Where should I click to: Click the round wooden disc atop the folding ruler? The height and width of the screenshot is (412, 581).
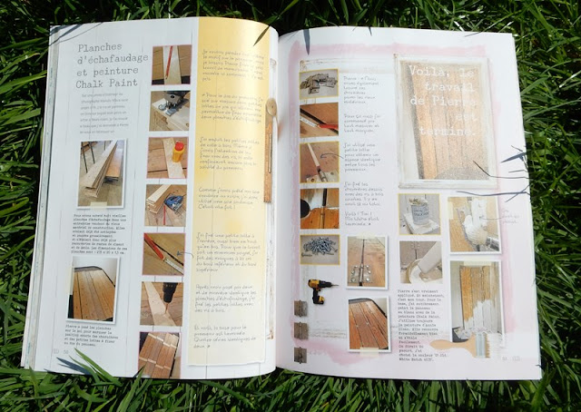[x=271, y=107]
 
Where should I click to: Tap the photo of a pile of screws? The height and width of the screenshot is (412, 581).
[x=320, y=246]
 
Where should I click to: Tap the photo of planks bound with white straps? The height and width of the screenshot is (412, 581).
[x=161, y=351]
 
